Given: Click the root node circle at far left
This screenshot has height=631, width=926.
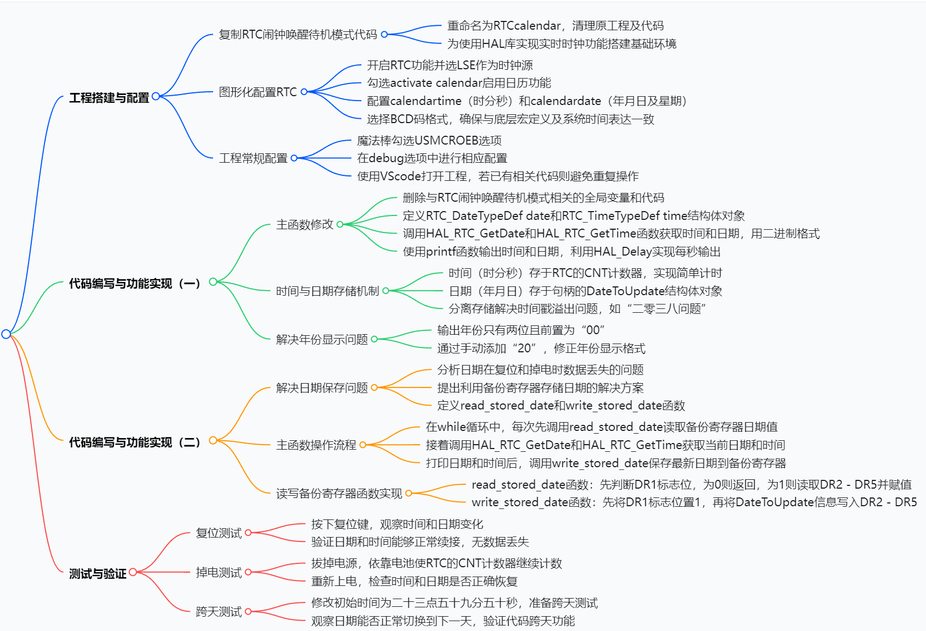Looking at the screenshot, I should point(6,334).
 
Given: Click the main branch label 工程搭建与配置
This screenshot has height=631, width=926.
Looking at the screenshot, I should point(109,98).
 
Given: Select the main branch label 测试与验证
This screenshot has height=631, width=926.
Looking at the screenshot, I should point(97,574).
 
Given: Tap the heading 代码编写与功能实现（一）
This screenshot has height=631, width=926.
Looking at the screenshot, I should point(135,284).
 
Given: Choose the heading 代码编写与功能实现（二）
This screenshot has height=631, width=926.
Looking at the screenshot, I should point(135,442).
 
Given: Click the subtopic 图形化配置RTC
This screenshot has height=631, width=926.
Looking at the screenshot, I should point(258,92).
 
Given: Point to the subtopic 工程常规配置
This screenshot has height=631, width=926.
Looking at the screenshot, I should point(253,158).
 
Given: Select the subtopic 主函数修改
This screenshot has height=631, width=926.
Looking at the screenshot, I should point(305,224).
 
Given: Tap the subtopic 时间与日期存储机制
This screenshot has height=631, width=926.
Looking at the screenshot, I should point(327,291).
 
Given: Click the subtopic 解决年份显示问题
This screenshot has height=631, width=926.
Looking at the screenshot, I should point(322,340).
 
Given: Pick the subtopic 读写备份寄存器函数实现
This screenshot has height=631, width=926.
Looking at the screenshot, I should point(339,494).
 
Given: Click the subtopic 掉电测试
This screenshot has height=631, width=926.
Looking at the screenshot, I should point(219,573).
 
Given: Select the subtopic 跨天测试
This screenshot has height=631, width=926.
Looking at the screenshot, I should point(219,612).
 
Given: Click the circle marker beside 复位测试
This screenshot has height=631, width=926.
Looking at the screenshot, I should point(248,533).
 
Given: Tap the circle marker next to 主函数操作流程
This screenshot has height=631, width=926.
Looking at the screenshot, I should point(362,445).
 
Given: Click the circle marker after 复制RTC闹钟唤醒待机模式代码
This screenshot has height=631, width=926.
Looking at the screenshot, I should point(384,35).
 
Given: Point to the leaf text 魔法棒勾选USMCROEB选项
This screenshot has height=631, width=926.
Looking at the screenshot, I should point(429,141).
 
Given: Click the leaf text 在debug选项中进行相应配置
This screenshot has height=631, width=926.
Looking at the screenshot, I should point(432,158).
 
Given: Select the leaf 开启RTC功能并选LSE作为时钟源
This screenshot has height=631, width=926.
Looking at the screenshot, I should point(450,65).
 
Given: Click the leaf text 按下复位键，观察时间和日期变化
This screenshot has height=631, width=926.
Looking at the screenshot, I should point(397,524).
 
